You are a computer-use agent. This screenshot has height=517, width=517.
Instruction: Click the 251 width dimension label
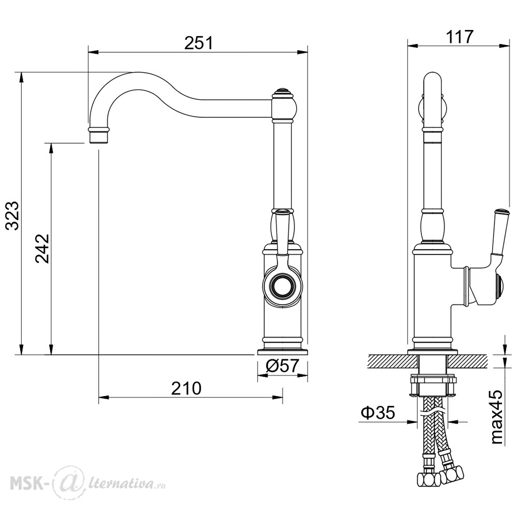tap(199, 43)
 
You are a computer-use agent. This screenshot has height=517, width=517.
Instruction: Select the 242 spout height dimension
tap(42, 248)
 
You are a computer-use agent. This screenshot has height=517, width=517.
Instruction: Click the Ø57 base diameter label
tap(282, 366)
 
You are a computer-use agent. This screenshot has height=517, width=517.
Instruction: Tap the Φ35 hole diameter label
tap(378, 412)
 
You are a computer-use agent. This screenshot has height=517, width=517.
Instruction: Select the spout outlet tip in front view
tap(99, 135)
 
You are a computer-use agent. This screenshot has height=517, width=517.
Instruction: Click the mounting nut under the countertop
tap(433, 385)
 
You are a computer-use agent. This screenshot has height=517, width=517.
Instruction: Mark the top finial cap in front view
tap(282, 92)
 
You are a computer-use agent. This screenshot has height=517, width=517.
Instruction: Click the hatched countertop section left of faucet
tap(392, 361)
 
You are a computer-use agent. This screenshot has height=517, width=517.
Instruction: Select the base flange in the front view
tap(283, 351)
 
